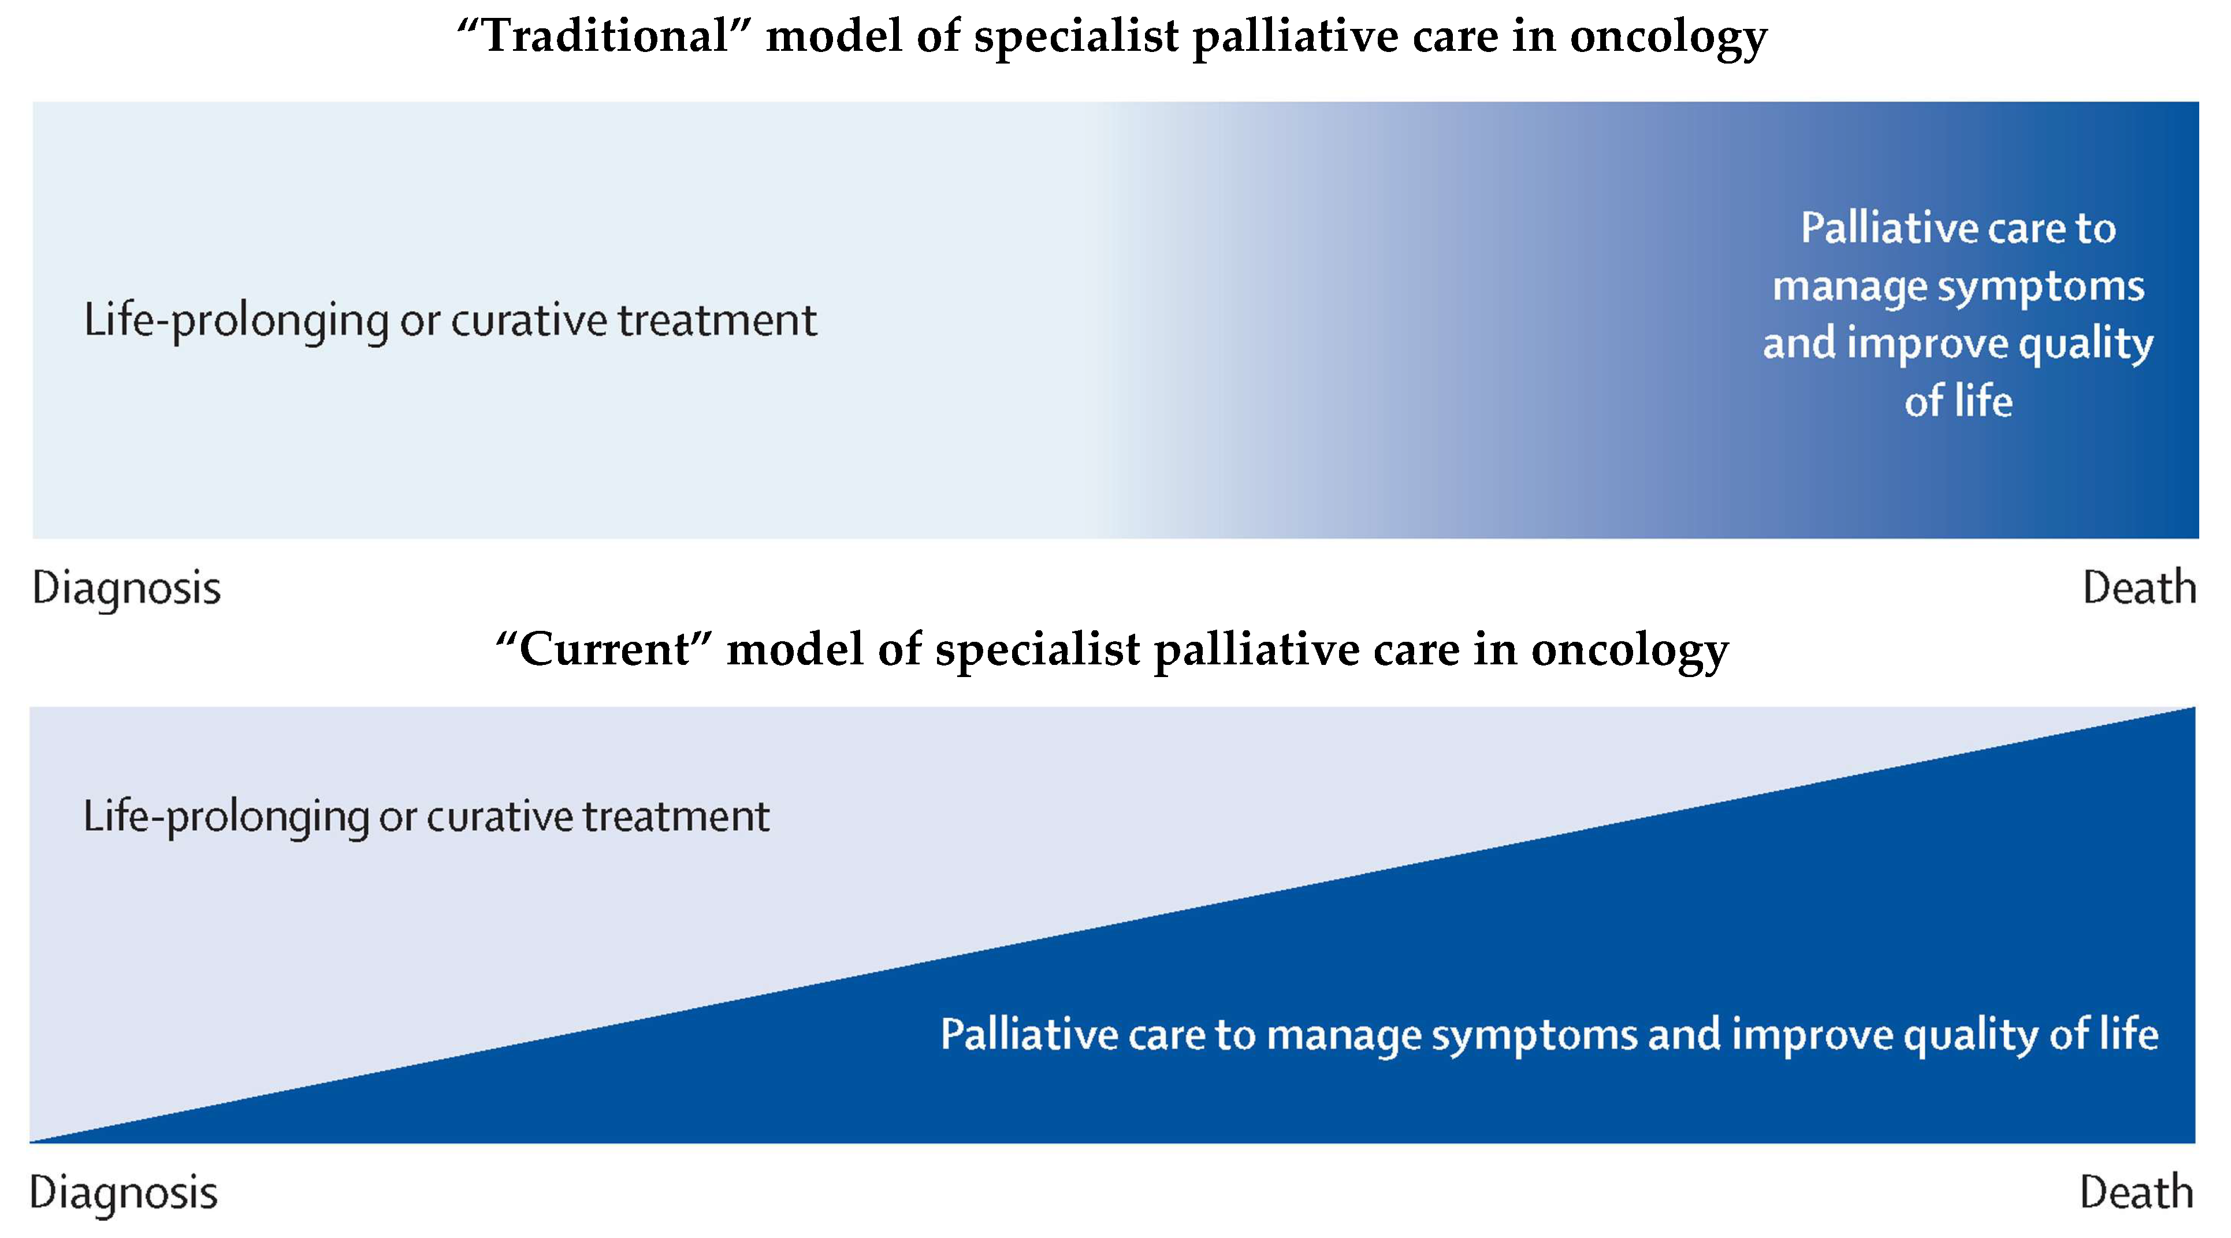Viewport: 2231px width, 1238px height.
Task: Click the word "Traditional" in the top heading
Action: click(606, 36)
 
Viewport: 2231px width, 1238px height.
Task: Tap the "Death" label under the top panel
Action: click(2139, 588)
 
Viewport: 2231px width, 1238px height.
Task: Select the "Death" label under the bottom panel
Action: click(2137, 1192)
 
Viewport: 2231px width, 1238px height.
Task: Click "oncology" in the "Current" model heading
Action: click(1630, 652)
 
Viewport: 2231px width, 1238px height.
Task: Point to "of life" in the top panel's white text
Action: click(1958, 401)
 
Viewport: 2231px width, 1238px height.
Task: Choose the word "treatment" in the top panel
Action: click(717, 321)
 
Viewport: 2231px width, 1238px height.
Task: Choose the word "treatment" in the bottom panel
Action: click(675, 817)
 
